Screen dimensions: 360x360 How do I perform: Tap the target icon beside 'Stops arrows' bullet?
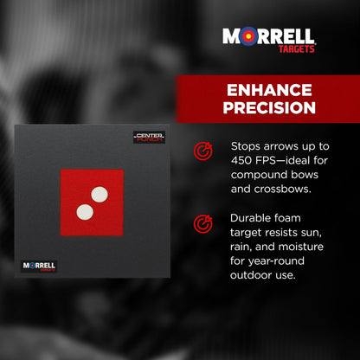(202, 151)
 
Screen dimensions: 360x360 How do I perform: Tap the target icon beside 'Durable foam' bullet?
(202, 223)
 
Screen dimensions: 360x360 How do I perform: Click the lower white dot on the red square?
(85, 211)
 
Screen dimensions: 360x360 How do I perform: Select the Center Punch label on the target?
(148, 137)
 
